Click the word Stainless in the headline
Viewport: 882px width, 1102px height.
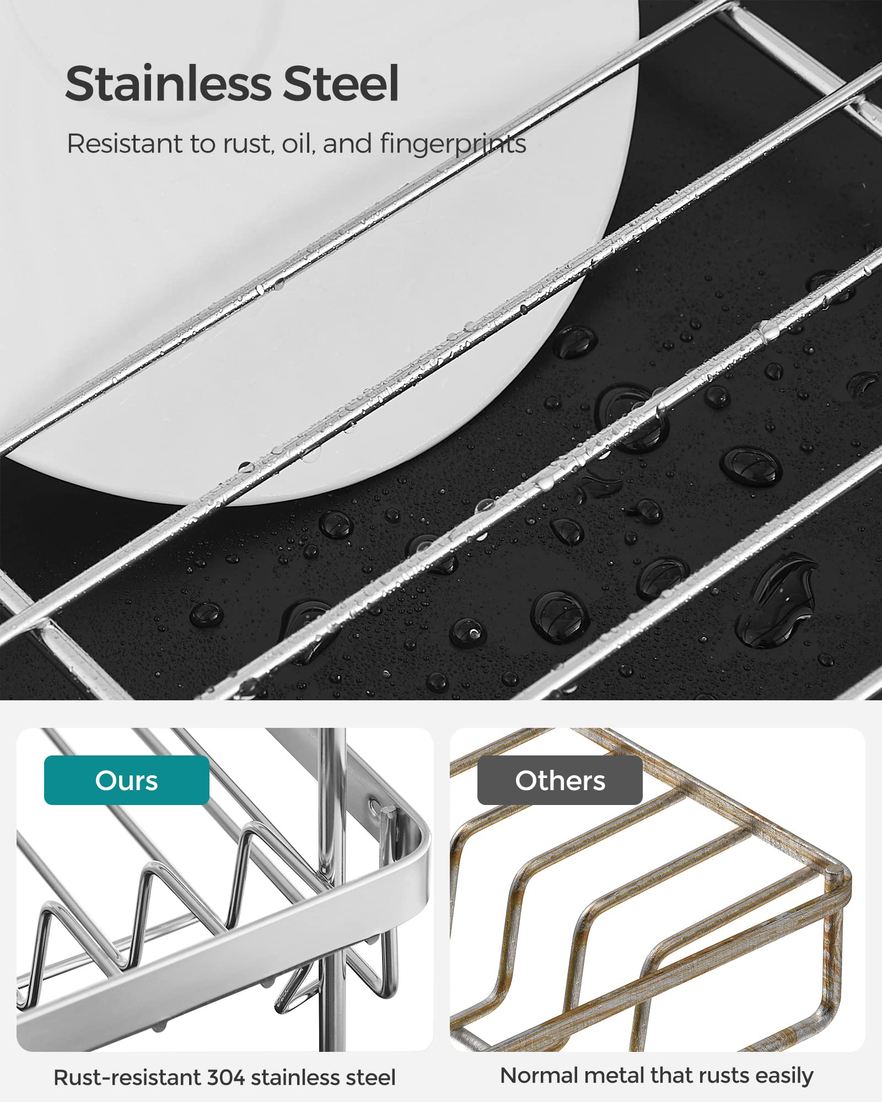(x=168, y=84)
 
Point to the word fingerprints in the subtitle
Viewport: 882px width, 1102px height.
(x=453, y=144)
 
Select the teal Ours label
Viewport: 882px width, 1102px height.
(x=126, y=780)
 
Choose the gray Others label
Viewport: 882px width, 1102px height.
(x=560, y=780)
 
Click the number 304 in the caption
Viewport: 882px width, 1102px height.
(x=226, y=1077)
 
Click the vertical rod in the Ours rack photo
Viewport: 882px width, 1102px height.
(x=329, y=882)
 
